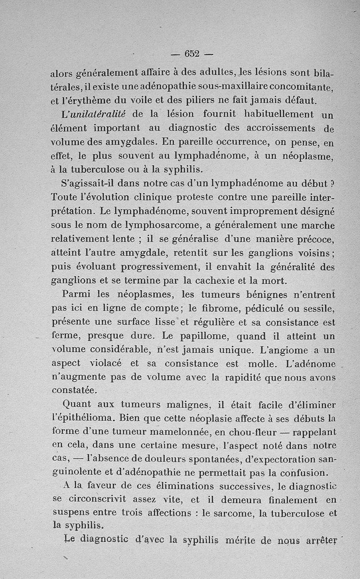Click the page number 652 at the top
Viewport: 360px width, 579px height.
pos(192,54)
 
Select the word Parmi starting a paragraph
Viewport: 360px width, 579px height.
pos(75,295)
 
